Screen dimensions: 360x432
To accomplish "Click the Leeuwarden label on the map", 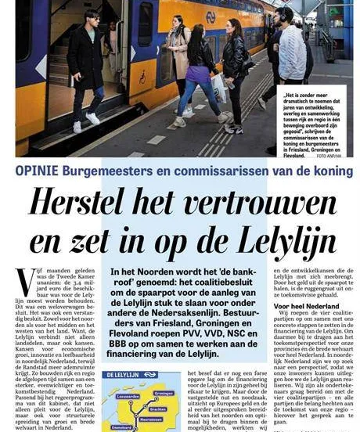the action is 128,396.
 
